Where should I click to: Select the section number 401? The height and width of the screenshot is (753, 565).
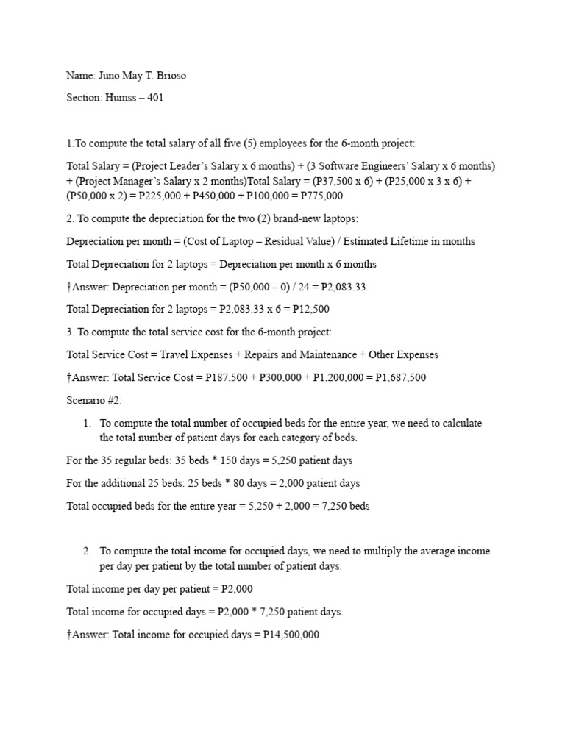154,98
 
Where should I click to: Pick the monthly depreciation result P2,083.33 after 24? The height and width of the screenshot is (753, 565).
340,287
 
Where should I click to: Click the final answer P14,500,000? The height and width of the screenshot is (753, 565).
286,634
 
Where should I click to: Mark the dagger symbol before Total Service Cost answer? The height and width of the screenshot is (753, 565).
69,377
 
